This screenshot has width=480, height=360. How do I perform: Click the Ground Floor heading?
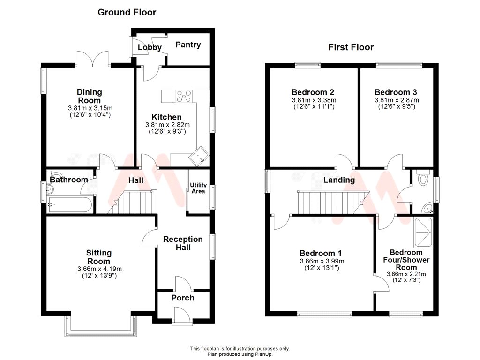point(127,12)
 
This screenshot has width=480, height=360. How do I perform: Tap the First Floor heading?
point(351,47)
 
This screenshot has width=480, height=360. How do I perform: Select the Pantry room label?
point(188,45)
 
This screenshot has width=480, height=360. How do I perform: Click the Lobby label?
point(150,47)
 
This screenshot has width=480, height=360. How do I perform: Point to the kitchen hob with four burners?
point(184,96)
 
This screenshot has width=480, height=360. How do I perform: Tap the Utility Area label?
point(198,188)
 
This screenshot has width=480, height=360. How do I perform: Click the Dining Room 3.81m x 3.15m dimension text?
point(89,108)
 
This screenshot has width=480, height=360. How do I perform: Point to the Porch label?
point(182,298)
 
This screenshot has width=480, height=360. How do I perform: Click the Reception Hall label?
point(183,243)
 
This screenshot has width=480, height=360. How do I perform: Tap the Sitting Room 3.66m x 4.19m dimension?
point(99,269)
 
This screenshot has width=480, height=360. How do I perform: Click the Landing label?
point(339,180)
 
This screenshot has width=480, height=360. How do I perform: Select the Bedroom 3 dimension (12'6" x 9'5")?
point(397,106)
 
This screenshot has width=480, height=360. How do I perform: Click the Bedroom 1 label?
point(322,252)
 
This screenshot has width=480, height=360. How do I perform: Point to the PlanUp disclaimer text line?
point(240,354)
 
